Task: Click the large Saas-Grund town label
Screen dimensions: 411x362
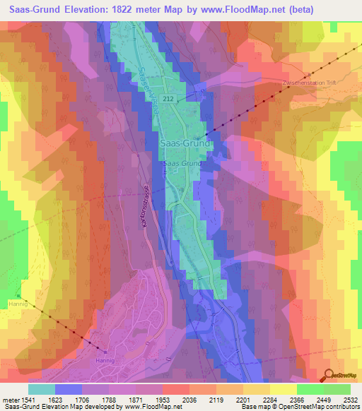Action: click(x=185, y=143)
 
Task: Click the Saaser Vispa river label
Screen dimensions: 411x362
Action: click(x=149, y=99)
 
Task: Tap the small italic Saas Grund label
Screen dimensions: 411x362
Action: click(x=182, y=163)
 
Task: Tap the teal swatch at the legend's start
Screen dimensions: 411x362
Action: click(x=41, y=389)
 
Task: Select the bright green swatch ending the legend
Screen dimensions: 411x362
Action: click(x=337, y=389)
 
